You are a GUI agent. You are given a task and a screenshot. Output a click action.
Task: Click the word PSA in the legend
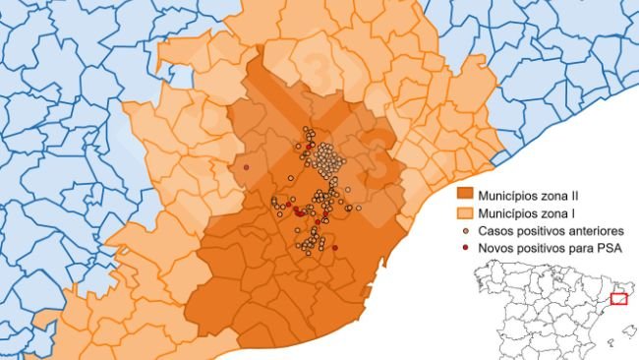[x=612, y=248]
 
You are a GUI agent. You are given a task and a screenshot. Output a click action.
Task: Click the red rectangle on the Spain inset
[x=618, y=298]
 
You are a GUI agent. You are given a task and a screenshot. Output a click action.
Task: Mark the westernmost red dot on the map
[x=246, y=167]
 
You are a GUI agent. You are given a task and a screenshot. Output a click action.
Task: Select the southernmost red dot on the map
[x=335, y=248]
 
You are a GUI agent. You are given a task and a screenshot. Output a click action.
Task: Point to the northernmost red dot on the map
[x=312, y=146]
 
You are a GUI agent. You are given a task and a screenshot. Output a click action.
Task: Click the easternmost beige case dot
[x=359, y=209]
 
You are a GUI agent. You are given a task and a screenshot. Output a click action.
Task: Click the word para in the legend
[x=584, y=248]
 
